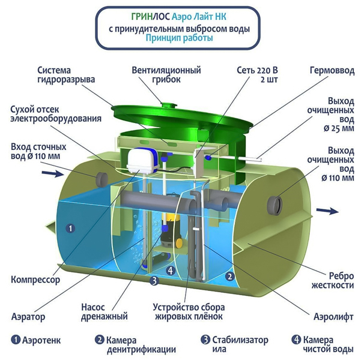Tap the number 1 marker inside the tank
pyautogui.click(x=70, y=229)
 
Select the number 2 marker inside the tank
pyautogui.click(x=230, y=277)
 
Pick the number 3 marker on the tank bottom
pyautogui.click(x=154, y=281)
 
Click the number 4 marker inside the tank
pyautogui.click(x=171, y=270)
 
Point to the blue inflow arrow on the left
pyautogui.click(x=52, y=173)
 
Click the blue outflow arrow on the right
pyautogui.click(x=327, y=211)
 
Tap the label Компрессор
pyautogui.click(x=35, y=280)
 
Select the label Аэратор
pyautogui.click(x=28, y=316)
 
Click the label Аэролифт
pyautogui.click(x=333, y=316)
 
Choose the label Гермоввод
pyautogui.click(x=332, y=71)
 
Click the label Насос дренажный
pyautogui.click(x=105, y=311)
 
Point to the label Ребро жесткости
pyautogui.click(x=333, y=281)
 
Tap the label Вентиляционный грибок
pyautogui.click(x=166, y=74)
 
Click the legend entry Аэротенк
pyautogui.click(x=36, y=340)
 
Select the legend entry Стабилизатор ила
pyautogui.click(x=234, y=344)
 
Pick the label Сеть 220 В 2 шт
pyautogui.click(x=257, y=74)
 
